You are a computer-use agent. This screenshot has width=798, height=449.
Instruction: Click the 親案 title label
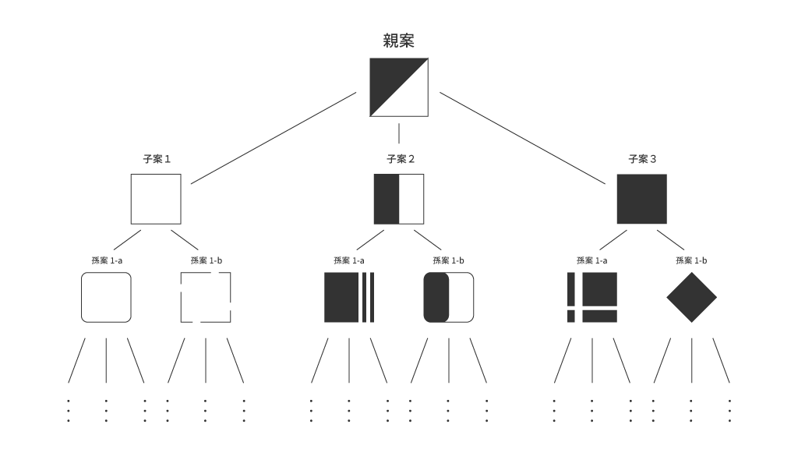398,41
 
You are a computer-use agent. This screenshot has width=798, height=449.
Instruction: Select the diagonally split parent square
399,87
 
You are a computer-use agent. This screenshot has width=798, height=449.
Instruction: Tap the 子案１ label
156,159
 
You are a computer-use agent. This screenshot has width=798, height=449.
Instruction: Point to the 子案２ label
400,159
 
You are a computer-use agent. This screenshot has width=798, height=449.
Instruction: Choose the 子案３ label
642,159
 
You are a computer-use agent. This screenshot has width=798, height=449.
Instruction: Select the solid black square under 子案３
642,199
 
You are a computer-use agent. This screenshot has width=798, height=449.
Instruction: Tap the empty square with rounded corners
81,297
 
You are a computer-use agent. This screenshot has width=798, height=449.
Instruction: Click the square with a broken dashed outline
181,306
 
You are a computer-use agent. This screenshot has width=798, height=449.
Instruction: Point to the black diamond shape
692,297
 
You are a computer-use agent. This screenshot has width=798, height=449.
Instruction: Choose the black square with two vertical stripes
349,297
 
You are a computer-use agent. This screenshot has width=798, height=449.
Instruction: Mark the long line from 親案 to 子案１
274,138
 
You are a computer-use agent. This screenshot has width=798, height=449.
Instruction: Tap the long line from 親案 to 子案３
523,138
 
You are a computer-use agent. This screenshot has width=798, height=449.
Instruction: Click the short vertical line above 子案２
399,133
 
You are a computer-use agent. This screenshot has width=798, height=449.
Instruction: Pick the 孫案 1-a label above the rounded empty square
107,260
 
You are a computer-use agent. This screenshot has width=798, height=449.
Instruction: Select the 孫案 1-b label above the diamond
691,260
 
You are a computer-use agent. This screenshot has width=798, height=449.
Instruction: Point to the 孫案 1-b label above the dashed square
206,260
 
